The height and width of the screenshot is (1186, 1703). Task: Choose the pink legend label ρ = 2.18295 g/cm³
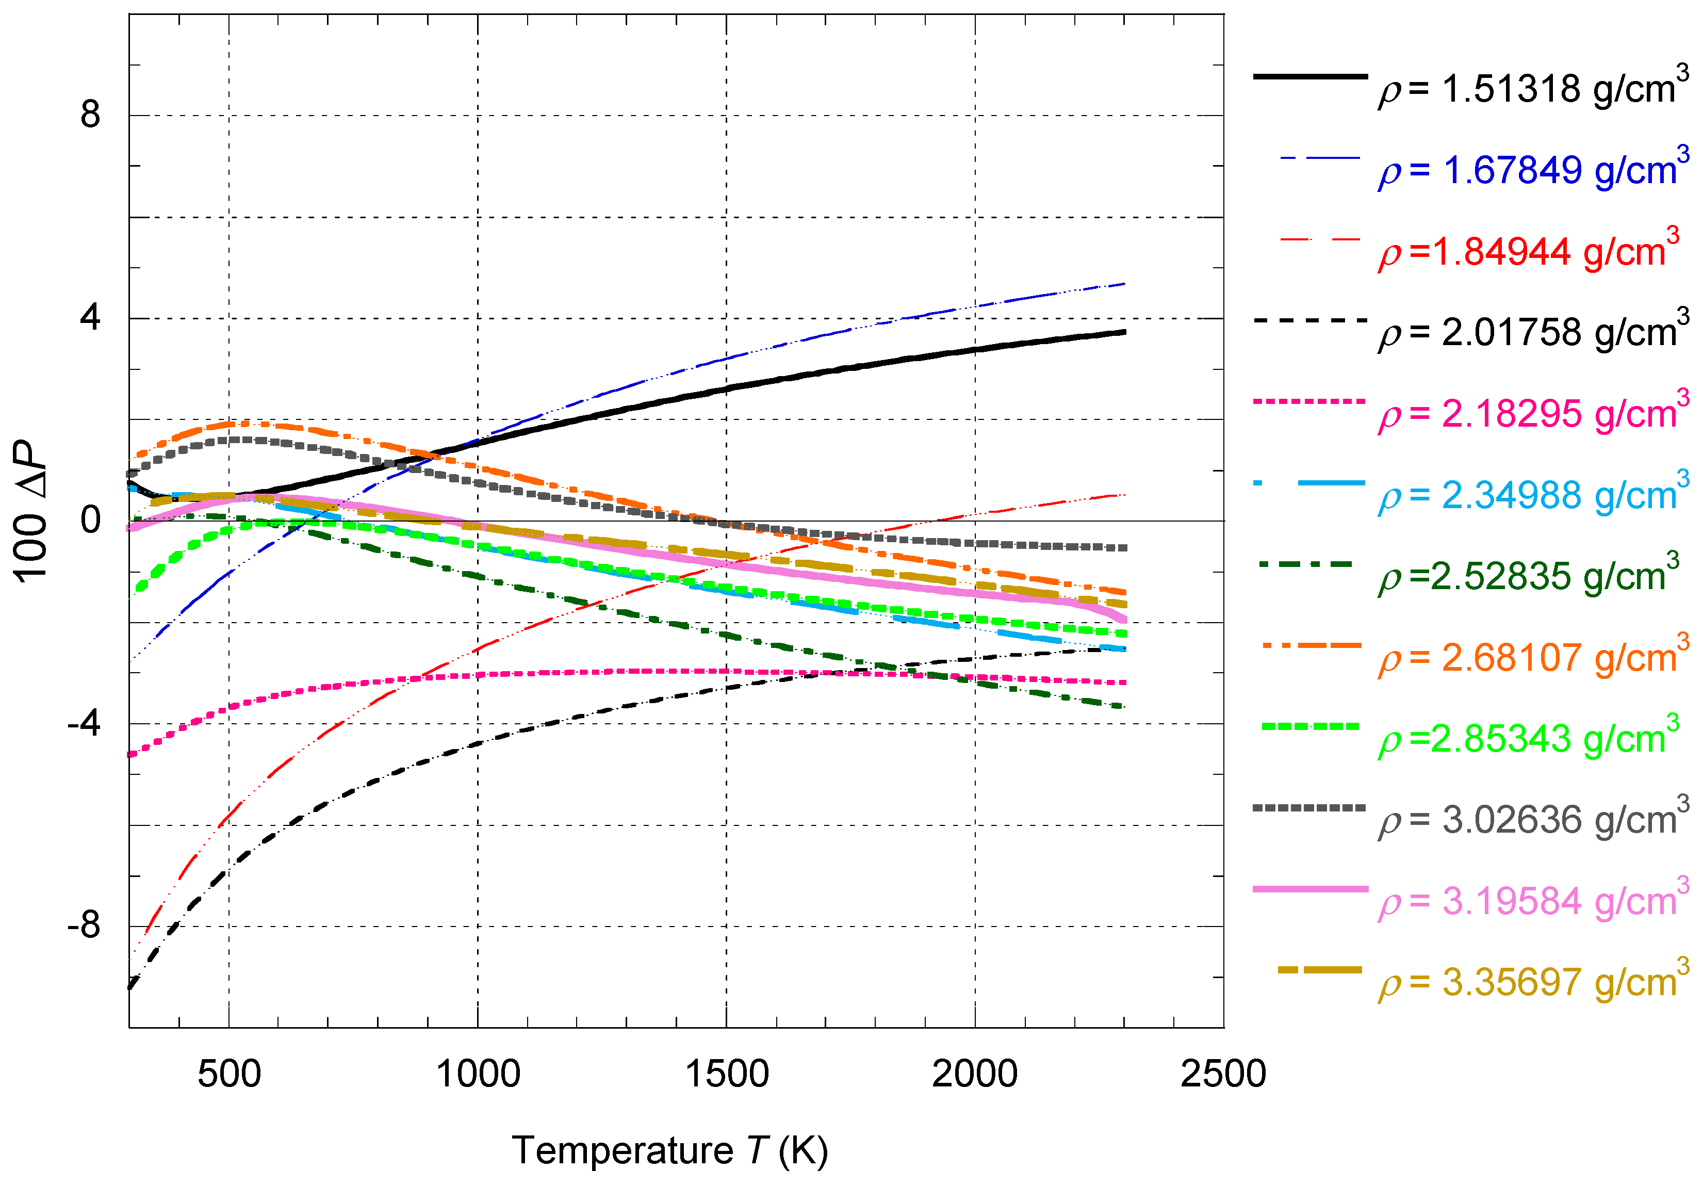(x=1532, y=414)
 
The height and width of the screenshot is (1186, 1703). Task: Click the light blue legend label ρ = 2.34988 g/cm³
(x=1532, y=495)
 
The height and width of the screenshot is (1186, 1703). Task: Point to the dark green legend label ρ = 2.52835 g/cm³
(x=1528, y=576)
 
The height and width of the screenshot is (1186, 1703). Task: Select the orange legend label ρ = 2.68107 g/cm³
(x=1532, y=658)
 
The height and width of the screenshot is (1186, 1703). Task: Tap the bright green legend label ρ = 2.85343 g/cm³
(x=1528, y=739)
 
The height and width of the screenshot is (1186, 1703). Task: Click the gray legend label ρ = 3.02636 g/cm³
(x=1532, y=820)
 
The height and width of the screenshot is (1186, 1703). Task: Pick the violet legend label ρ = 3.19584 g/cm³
(x=1532, y=902)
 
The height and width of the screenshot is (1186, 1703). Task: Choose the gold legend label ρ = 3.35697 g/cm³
(x=1532, y=983)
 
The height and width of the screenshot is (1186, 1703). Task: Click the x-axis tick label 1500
(x=726, y=1075)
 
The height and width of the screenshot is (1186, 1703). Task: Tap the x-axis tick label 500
(x=229, y=1075)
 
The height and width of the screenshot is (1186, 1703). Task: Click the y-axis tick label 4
(x=90, y=318)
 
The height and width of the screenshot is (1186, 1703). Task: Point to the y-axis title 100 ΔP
(x=31, y=512)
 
